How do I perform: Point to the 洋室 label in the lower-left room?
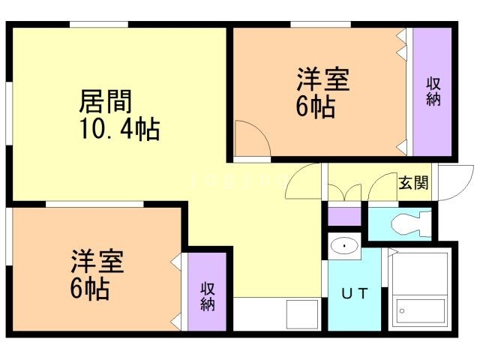point(97,262)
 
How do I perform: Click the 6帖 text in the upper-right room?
point(314,108)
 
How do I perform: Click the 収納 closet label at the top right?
point(433,91)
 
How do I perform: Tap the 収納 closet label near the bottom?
point(208,296)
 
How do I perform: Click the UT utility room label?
point(355,293)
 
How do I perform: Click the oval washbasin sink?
point(344,245)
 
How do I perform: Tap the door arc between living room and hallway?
point(301,180)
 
